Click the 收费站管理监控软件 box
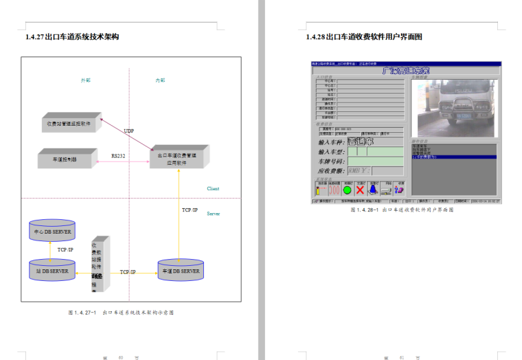(71, 124)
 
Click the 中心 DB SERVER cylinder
(52, 232)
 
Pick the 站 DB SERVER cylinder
(52, 271)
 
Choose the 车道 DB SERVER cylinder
(181, 271)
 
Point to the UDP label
(129, 131)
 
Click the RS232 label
(118, 157)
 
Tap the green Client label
(214, 188)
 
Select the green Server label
(214, 214)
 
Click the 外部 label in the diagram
(86, 80)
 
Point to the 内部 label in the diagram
(160, 80)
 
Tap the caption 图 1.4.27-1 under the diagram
(121, 312)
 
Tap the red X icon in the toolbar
(360, 190)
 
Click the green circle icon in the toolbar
(347, 190)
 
